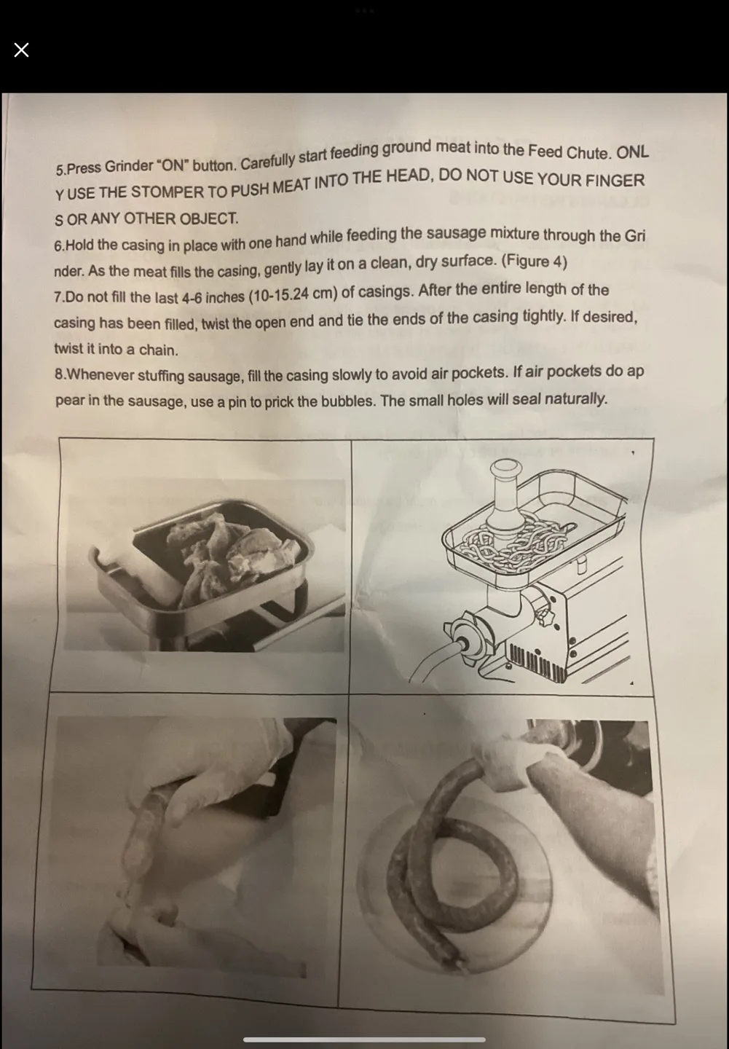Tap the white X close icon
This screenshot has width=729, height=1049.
[21, 50]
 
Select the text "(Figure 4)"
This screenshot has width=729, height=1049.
[535, 261]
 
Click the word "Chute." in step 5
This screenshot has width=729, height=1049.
[588, 153]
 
